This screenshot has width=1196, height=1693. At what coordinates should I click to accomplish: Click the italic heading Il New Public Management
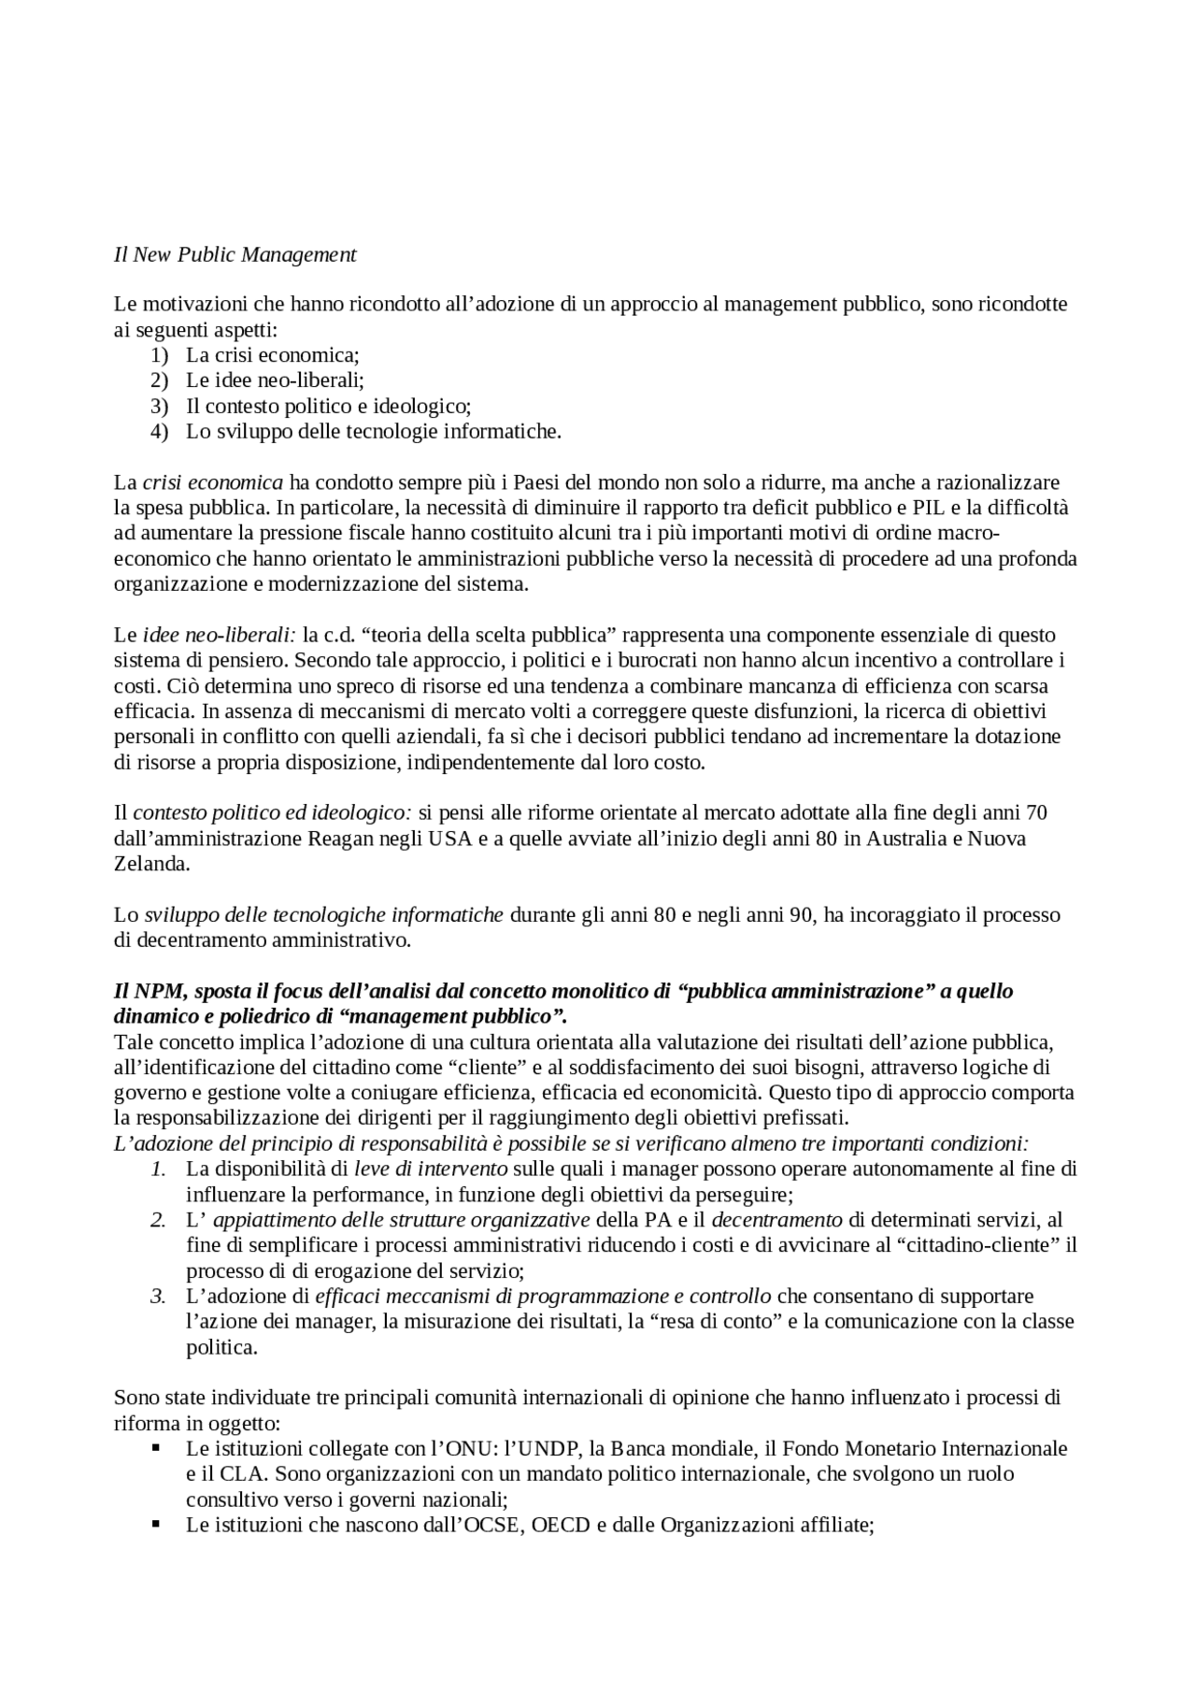click(x=235, y=254)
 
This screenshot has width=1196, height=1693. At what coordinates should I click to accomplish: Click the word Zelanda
click(x=150, y=864)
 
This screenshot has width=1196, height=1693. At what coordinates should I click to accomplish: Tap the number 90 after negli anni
click(x=801, y=914)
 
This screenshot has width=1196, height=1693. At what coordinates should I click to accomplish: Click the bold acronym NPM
click(x=154, y=991)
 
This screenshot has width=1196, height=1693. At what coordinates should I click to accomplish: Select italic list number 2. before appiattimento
click(x=158, y=1220)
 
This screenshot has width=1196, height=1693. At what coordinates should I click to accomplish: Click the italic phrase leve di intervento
click(x=431, y=1169)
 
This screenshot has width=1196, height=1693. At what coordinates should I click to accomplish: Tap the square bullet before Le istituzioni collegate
click(x=156, y=1448)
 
